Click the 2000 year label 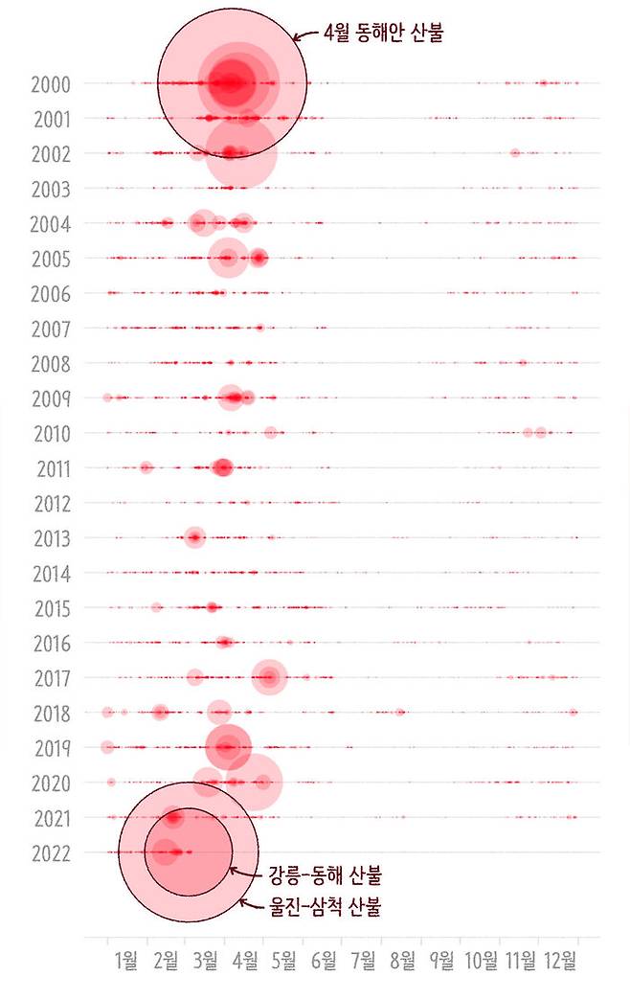tap(50, 84)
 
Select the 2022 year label tap(50, 852)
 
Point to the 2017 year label tap(51, 679)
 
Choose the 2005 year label tap(50, 259)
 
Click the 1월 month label tap(125, 962)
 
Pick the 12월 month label tap(560, 962)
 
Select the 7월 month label tap(363, 962)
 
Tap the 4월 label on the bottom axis tap(244, 962)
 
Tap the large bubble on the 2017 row tap(270, 677)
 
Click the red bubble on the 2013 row tap(194, 537)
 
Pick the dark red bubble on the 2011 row tap(222, 467)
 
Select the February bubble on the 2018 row tap(160, 712)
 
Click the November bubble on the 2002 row tap(515, 152)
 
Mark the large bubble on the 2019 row tap(228, 746)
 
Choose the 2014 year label tap(51, 574)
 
